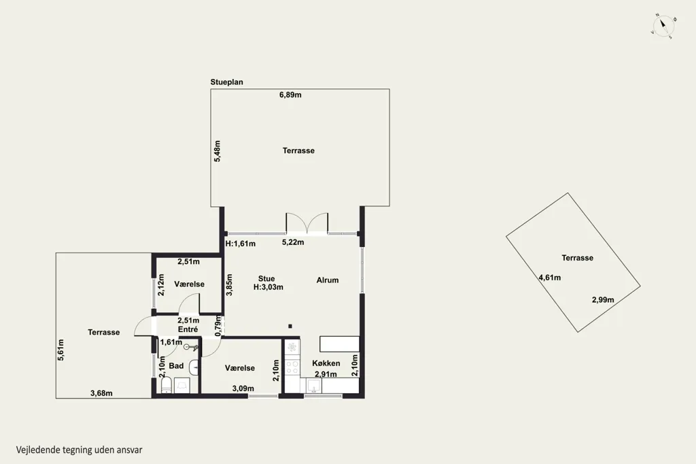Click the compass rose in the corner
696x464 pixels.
click(663, 26)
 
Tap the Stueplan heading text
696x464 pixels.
click(227, 82)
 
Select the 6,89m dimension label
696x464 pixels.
click(290, 95)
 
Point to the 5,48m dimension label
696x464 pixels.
click(217, 151)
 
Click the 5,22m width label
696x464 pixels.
click(293, 242)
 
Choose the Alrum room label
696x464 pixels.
click(328, 280)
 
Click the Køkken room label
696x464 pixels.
click(326, 363)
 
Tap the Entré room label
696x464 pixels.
click(188, 329)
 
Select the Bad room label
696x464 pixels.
click(176, 366)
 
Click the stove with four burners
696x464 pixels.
click(292, 367)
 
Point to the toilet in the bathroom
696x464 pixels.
click(166, 385)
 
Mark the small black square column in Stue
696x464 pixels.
click(290, 326)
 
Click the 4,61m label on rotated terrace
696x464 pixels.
click(549, 278)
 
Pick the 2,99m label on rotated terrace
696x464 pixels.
click(603, 300)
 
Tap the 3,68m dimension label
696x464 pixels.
click(101, 393)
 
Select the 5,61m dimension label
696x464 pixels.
click(60, 350)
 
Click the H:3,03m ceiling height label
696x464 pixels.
click(268, 287)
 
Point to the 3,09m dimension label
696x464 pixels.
click(243, 388)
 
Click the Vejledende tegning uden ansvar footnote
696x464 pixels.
click(79, 450)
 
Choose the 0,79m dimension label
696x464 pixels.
click(218, 326)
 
